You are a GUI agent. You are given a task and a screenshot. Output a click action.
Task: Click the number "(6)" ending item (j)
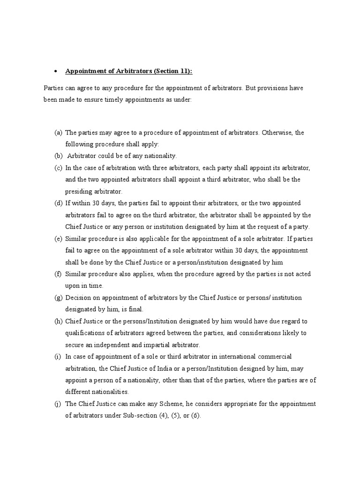click(x=194, y=415)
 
